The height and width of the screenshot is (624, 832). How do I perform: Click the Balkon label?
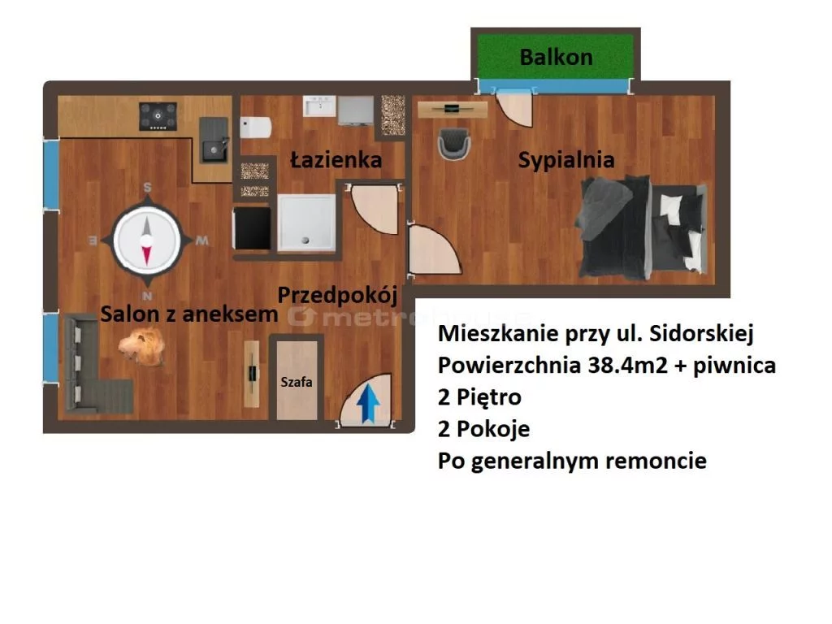coord(556,58)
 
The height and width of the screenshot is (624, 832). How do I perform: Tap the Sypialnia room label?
coord(566,160)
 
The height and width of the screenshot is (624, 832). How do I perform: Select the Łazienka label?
coord(336,159)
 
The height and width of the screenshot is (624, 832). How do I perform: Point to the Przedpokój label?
coord(337,296)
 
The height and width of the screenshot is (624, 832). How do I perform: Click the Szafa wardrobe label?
coord(296,382)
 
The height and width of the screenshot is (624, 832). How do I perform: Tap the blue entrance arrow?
coord(368,403)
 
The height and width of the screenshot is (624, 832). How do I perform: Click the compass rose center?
coord(147,240)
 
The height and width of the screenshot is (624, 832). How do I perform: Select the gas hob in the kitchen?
coord(158,116)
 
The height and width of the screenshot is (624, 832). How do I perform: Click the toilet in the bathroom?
coord(256,128)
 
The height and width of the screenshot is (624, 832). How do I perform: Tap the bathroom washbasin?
coord(319,106)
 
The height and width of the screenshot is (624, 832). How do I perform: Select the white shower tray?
coord(306,223)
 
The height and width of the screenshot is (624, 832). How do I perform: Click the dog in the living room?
coord(141,346)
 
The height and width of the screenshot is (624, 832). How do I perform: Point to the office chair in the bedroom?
coord(453,144)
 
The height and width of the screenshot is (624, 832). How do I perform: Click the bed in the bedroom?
coord(642,227)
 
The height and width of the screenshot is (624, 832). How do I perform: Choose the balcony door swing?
coord(513,108)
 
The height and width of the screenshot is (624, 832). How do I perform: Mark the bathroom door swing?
coord(374,209)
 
